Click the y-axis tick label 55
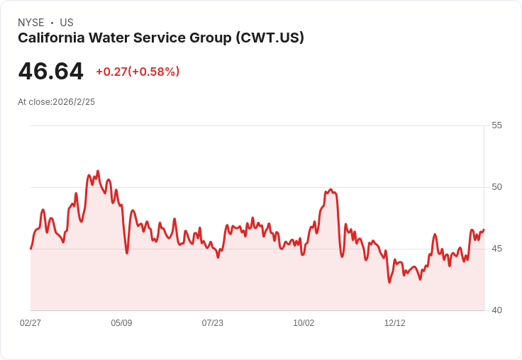pyautogui.click(x=496, y=125)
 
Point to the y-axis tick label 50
pyautogui.click(x=496, y=187)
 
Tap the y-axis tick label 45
pyautogui.click(x=496, y=249)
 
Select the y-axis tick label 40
pyautogui.click(x=496, y=310)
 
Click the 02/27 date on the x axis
pyautogui.click(x=30, y=322)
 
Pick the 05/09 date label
pyautogui.click(x=121, y=322)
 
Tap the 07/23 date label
pyautogui.click(x=212, y=322)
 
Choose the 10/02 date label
pyautogui.click(x=304, y=322)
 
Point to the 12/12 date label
pyautogui.click(x=395, y=322)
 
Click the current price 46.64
pyautogui.click(x=50, y=71)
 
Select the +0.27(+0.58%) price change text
pyautogui.click(x=138, y=72)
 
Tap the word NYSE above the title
pyautogui.click(x=31, y=23)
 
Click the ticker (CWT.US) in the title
pyautogui.click(x=270, y=38)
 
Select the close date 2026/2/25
pyautogui.click(x=74, y=102)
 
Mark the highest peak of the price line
pyautogui.click(x=98, y=171)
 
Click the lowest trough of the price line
pyautogui.click(x=389, y=283)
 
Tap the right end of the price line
pyautogui.click(x=484, y=230)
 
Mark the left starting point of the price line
pyautogui.click(x=31, y=249)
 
